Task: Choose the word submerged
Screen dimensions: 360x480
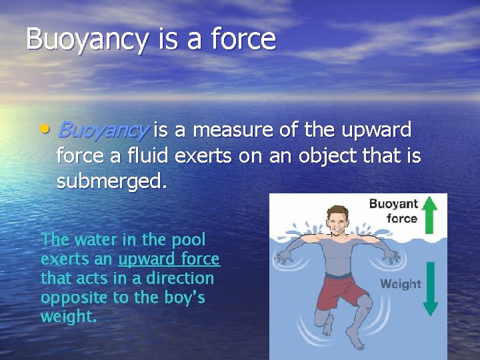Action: click(111, 181)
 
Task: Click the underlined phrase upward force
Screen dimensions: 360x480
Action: click(169, 259)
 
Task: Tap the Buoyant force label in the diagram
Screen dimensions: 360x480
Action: click(393, 211)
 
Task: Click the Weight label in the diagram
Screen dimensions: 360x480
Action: click(400, 284)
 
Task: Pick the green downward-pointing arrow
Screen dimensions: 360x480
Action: click(430, 288)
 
